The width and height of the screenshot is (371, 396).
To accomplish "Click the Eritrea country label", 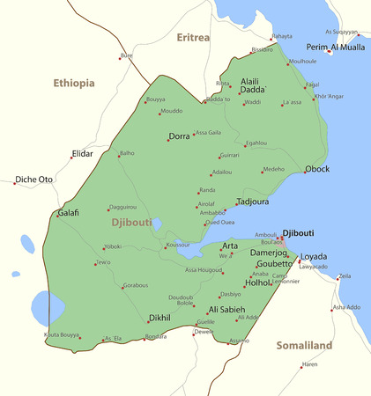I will [x=193, y=37].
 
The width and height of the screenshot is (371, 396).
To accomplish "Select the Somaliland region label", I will [x=305, y=346].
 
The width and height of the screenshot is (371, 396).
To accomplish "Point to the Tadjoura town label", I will [x=253, y=202].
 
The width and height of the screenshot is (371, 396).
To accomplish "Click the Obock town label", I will [x=317, y=169].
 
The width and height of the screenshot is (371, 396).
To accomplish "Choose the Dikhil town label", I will [x=160, y=317].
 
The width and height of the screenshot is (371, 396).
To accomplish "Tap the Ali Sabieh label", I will [x=226, y=310].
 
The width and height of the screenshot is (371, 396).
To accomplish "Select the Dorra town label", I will [x=179, y=136].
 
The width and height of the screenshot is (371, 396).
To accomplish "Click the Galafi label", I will [x=68, y=213].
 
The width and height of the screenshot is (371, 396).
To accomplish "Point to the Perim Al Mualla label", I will [x=336, y=47].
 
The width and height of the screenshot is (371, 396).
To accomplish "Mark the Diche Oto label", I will [x=33, y=180].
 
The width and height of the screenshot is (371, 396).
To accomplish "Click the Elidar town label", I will [x=82, y=153].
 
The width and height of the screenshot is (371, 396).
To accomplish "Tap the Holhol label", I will [x=259, y=282].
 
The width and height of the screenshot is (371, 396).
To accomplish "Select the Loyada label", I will [x=313, y=257].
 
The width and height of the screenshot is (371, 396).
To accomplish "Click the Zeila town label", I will [x=344, y=275].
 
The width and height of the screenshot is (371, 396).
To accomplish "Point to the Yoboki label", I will [x=112, y=246].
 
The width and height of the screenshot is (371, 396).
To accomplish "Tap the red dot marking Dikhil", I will [x=147, y=321].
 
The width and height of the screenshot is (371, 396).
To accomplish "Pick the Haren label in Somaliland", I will [x=309, y=364].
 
